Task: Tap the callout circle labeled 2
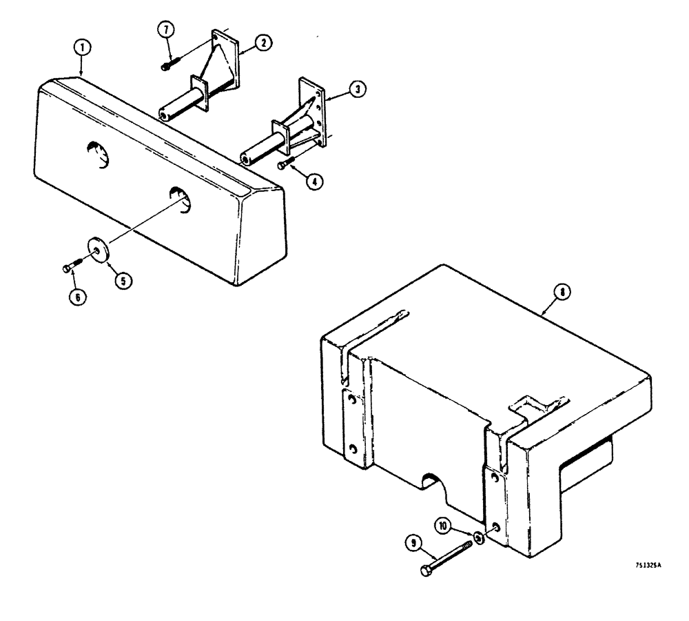click(262, 43)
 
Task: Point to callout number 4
click(313, 183)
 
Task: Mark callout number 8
click(562, 293)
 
